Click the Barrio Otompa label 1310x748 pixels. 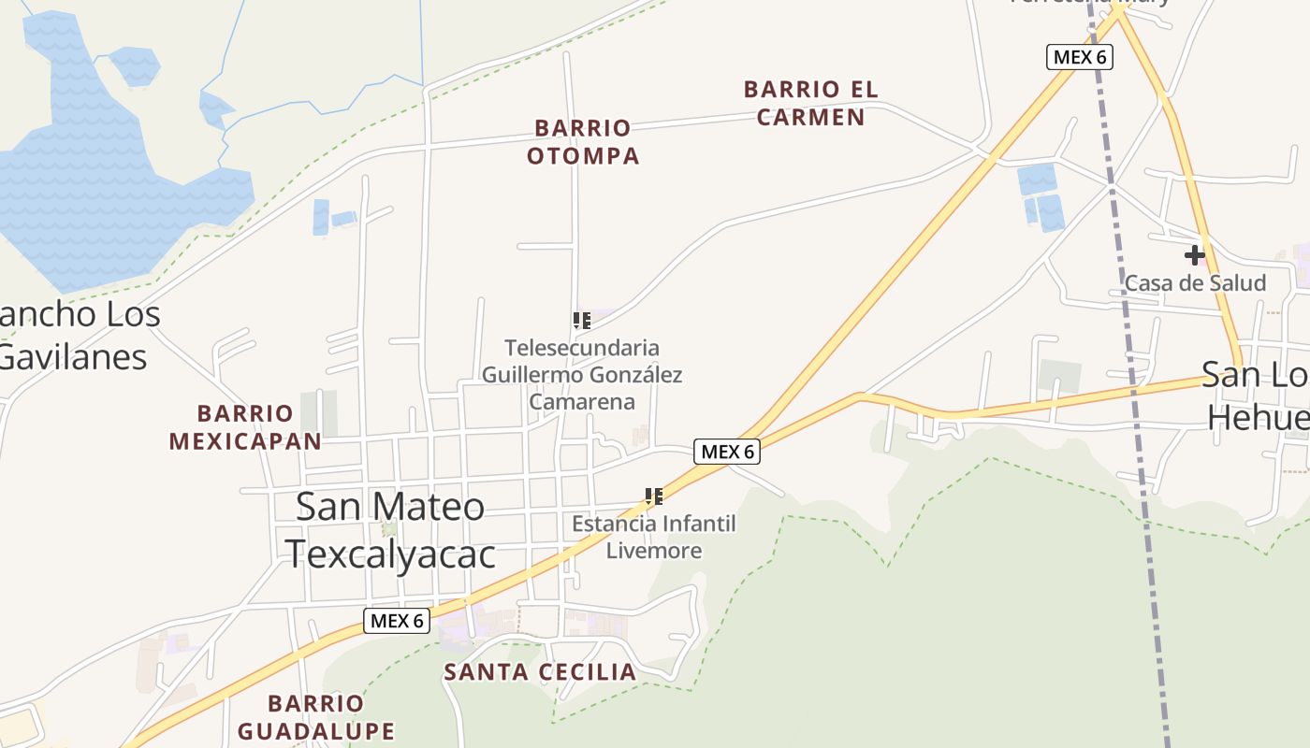coord(583,141)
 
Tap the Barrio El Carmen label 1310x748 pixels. coord(811,103)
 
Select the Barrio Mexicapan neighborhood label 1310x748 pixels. coord(245,426)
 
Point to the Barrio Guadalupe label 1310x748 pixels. coord(315,716)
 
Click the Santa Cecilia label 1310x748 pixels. coord(540,671)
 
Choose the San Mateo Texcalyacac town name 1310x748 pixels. coord(390,529)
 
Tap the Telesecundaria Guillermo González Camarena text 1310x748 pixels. coord(582,375)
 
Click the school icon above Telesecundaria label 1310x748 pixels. coord(582,321)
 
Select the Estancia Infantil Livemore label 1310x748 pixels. coord(654,537)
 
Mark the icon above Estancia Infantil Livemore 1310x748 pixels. coord(654,496)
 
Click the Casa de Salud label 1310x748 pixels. coord(1195,282)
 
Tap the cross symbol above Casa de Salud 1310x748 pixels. coord(1194,254)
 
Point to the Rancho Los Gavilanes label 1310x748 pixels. coord(75,335)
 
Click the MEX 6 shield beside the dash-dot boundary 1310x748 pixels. coord(1079,57)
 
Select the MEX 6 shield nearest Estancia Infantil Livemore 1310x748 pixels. coord(727,452)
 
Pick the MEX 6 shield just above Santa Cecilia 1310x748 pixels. coord(397,620)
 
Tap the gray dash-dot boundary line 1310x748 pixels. coord(1132,374)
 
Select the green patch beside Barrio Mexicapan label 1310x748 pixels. coord(319,411)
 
